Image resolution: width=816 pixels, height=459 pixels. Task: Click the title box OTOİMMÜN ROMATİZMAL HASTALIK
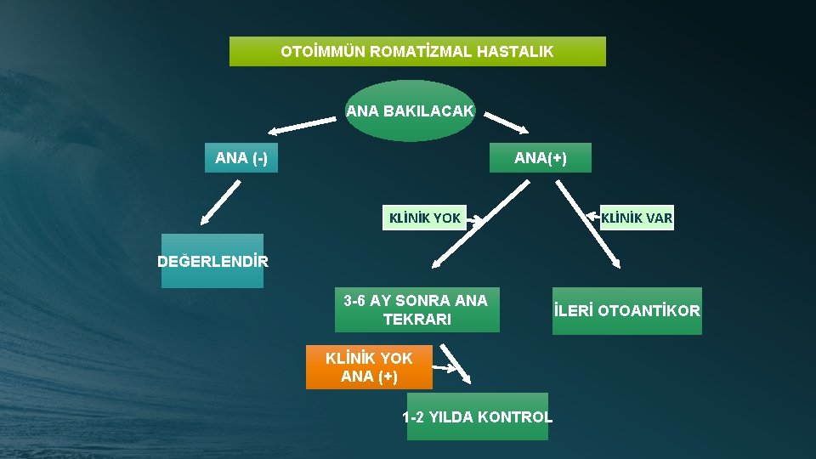(x=417, y=51)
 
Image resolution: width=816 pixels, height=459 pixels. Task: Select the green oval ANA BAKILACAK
(x=410, y=110)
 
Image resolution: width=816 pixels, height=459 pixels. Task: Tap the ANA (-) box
(x=241, y=158)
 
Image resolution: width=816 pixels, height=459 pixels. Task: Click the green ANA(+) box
(x=540, y=158)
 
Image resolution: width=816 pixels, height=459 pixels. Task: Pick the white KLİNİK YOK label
(x=424, y=218)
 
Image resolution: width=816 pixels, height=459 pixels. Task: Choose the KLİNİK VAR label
(x=637, y=218)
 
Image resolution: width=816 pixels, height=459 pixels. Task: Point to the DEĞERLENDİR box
(x=212, y=261)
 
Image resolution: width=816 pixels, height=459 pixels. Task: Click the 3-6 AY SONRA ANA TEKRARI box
(x=416, y=309)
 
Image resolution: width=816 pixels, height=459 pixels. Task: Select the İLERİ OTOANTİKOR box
(x=627, y=311)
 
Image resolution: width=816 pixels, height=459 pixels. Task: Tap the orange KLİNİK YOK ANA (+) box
(x=369, y=367)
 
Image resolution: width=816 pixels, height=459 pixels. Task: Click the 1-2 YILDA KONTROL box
(x=477, y=416)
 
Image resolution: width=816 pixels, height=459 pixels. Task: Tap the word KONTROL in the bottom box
(x=515, y=417)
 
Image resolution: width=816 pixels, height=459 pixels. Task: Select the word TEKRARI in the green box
(x=416, y=320)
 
